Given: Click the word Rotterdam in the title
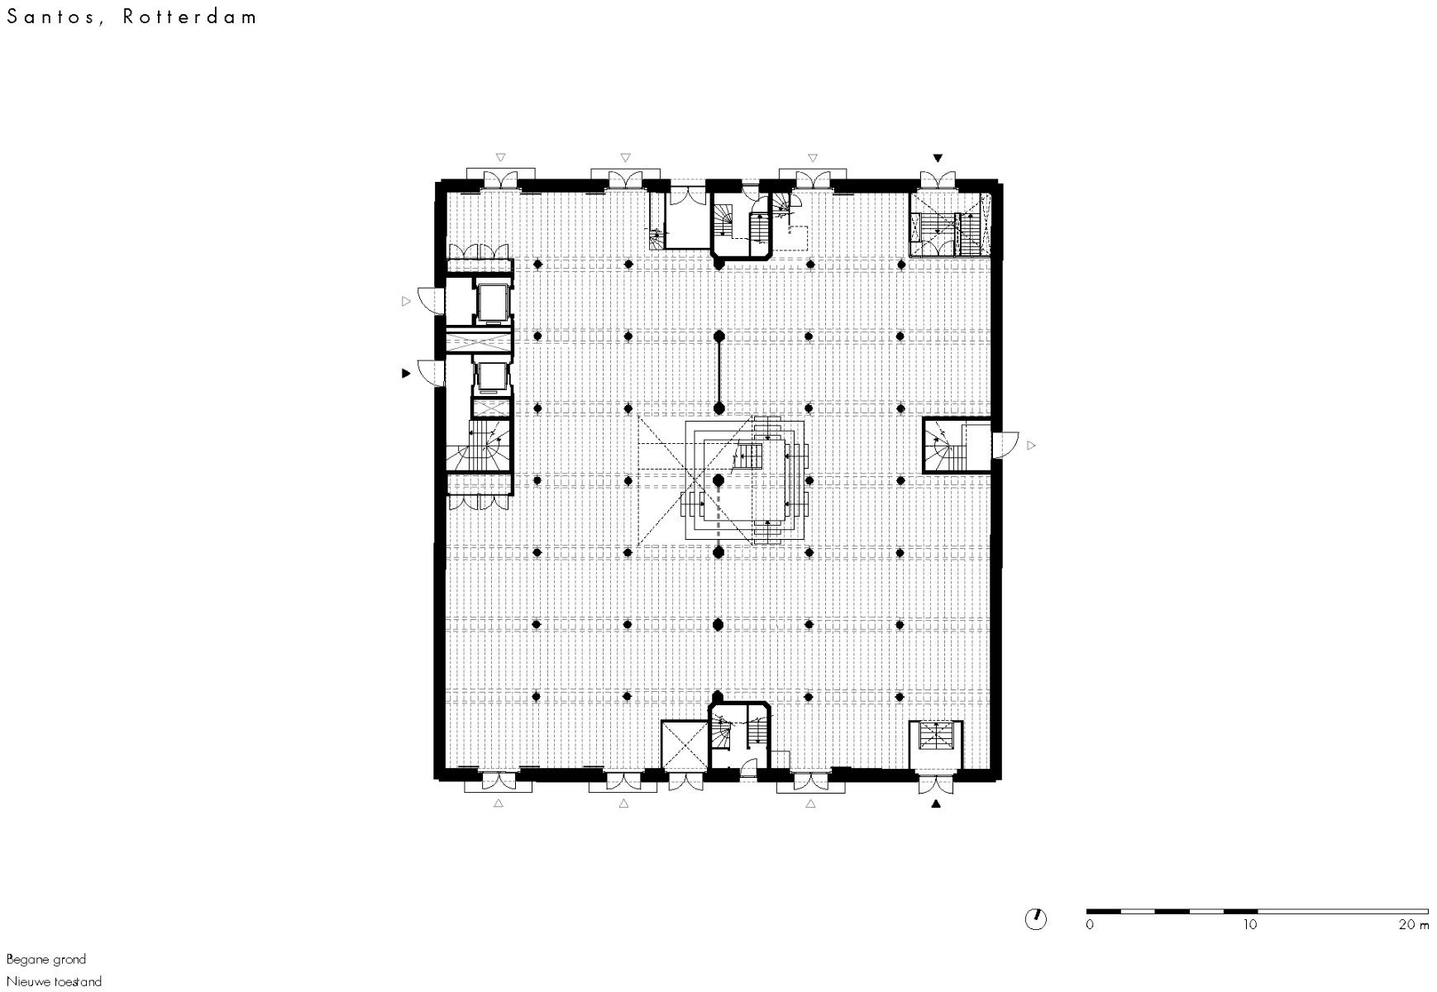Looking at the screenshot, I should point(191,17).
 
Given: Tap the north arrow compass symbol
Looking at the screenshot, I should point(1035,918).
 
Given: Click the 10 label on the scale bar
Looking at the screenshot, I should point(1250,924).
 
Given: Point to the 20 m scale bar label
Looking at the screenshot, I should point(1413,924).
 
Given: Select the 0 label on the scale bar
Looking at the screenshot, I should point(1090,924).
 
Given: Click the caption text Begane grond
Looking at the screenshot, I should point(46,960).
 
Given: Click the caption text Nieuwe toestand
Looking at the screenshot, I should point(55,982).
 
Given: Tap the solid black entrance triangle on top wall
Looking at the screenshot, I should point(938,157).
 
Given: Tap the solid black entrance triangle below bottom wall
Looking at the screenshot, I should point(936,804).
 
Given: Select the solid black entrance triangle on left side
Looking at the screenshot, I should point(406,374).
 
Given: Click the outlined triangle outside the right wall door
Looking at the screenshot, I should point(1031,446).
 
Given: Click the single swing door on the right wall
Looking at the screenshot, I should point(1004,446).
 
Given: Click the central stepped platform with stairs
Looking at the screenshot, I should point(744,480).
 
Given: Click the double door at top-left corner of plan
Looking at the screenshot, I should point(500,179).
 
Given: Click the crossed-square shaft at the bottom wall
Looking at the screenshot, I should point(684,745).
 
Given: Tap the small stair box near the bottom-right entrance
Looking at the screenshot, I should point(936,736).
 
